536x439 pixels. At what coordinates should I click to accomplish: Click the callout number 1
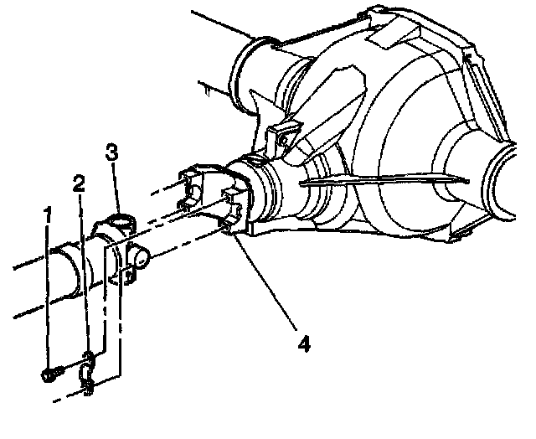coord(49,215)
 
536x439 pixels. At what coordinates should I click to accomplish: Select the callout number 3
coord(111,153)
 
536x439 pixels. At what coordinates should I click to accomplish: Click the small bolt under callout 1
coord(49,374)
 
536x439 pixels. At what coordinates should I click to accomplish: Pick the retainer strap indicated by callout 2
coord(88,362)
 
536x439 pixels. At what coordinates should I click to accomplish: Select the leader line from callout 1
coord(49,293)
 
